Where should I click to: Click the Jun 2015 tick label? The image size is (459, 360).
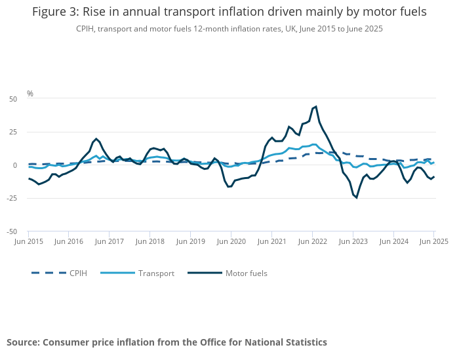[28, 242]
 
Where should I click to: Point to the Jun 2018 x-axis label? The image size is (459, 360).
[150, 242]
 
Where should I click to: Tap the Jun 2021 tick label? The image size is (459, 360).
[271, 242]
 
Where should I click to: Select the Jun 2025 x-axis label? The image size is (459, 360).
[433, 242]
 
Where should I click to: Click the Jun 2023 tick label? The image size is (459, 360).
[353, 242]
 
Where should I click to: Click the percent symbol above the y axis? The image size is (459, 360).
[30, 94]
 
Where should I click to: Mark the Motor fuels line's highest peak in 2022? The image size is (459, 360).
[316, 106]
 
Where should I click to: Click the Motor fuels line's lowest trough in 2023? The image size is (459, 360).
[356, 197]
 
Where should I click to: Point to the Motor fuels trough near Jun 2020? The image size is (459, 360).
[229, 187]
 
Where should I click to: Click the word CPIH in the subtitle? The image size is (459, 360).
[86, 29]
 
